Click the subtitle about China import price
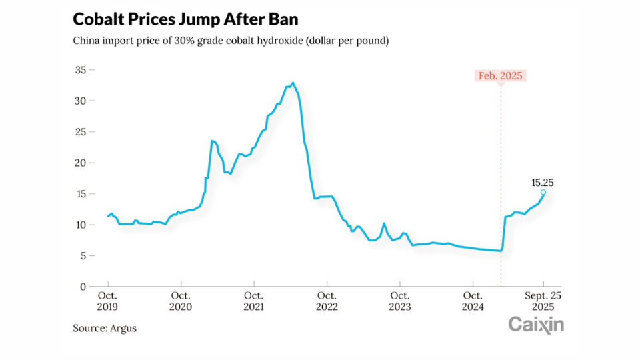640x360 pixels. pyautogui.click(x=231, y=41)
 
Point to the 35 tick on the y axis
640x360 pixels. pyautogui.click(x=81, y=70)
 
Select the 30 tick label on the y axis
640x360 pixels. pyautogui.click(x=81, y=101)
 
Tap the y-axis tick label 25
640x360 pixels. pyautogui.click(x=81, y=132)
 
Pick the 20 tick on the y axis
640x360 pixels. pyautogui.click(x=81, y=163)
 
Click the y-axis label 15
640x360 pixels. pyautogui.click(x=81, y=194)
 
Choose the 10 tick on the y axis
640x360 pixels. pyautogui.click(x=81, y=225)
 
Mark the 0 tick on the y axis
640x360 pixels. pyautogui.click(x=84, y=287)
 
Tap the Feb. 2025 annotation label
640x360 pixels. pyautogui.click(x=501, y=76)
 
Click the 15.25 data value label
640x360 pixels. pyautogui.click(x=543, y=181)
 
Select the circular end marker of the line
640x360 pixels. pyautogui.click(x=543, y=193)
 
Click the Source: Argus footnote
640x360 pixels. pyautogui.click(x=105, y=329)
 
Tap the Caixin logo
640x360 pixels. pyautogui.click(x=536, y=325)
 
